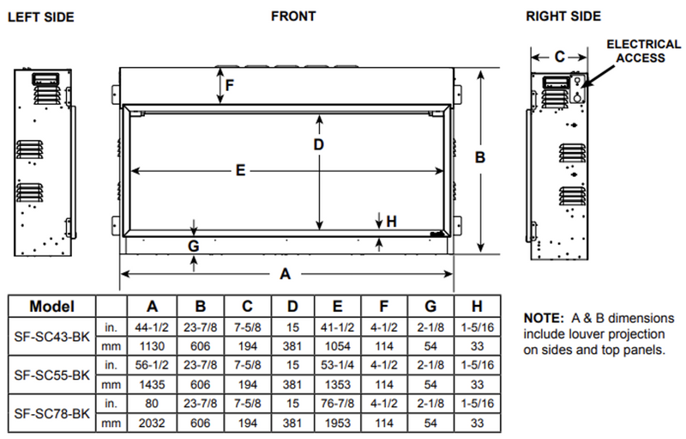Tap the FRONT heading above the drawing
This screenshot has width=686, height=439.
point(293,15)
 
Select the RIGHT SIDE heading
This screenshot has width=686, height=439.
point(563,16)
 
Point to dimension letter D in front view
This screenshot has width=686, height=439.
point(318,144)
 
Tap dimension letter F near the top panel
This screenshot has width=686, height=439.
point(229,85)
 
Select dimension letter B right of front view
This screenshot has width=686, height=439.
point(480,157)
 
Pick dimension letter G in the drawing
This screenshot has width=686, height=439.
point(194,246)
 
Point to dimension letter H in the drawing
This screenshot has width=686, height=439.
point(392,221)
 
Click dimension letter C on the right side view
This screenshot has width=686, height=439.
point(558,57)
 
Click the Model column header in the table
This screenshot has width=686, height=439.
point(51,306)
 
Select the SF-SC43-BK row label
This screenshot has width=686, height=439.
point(51,336)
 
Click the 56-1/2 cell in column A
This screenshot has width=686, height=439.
point(152,364)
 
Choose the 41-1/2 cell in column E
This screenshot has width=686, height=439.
point(338,326)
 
